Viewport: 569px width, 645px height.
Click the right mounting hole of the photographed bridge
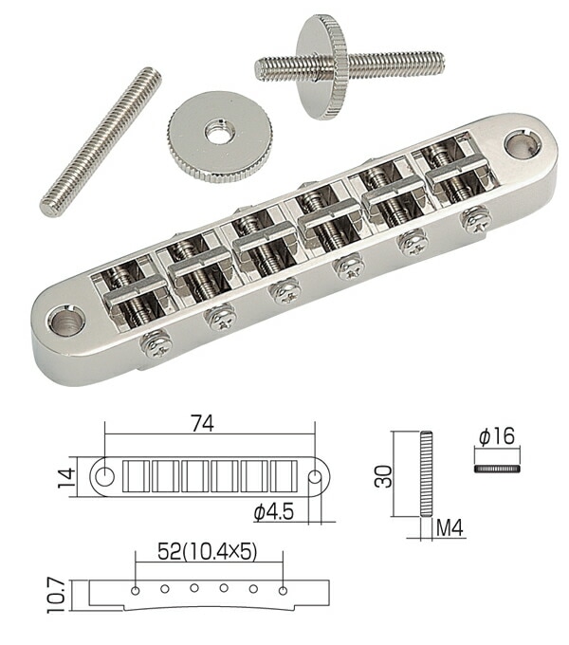516,145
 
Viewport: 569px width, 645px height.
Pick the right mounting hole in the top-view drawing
314,471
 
